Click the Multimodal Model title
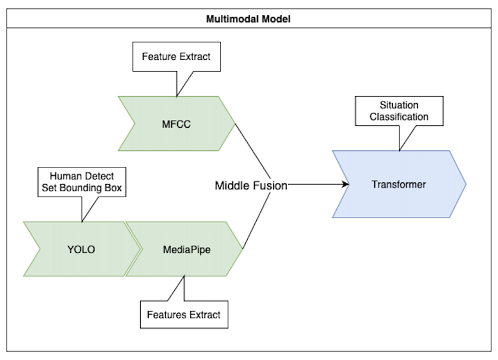[x=248, y=18]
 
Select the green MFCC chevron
[x=177, y=124]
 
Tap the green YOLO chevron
[x=81, y=249]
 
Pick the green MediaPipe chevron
[x=186, y=249]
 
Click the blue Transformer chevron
[x=399, y=184]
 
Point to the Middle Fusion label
[x=251, y=185]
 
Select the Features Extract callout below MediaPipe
[x=184, y=314]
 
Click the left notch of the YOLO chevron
[x=40, y=249]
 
